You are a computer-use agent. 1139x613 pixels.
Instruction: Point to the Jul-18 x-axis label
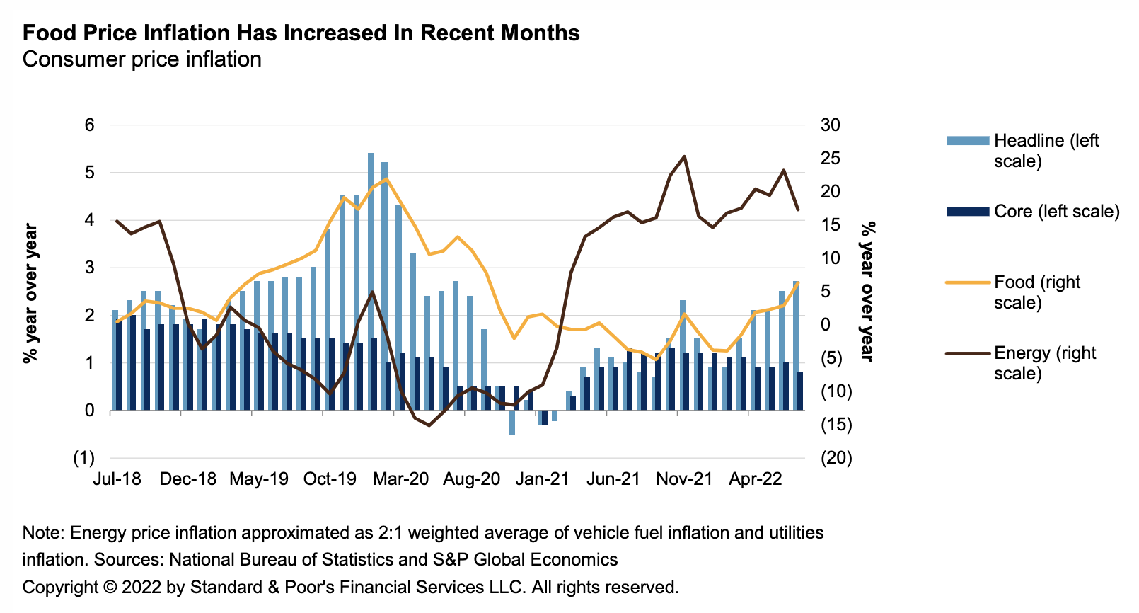click(117, 479)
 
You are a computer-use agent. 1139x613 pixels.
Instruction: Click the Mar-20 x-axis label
click(400, 479)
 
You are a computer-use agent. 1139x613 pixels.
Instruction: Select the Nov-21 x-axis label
click(684, 479)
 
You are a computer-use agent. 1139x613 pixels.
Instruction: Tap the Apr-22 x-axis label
click(756, 479)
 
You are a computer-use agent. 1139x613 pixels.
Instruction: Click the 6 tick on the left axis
click(90, 125)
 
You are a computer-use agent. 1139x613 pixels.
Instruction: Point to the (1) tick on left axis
click(84, 458)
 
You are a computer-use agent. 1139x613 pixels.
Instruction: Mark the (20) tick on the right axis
click(836, 458)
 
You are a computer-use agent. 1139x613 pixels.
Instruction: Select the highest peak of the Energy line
click(684, 156)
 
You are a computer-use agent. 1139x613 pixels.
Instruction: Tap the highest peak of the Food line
click(386, 179)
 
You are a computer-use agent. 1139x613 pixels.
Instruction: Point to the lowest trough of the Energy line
click(429, 425)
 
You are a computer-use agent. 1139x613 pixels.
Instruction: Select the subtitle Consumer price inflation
click(141, 59)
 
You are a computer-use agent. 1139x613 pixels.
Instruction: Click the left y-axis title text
click(30, 293)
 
